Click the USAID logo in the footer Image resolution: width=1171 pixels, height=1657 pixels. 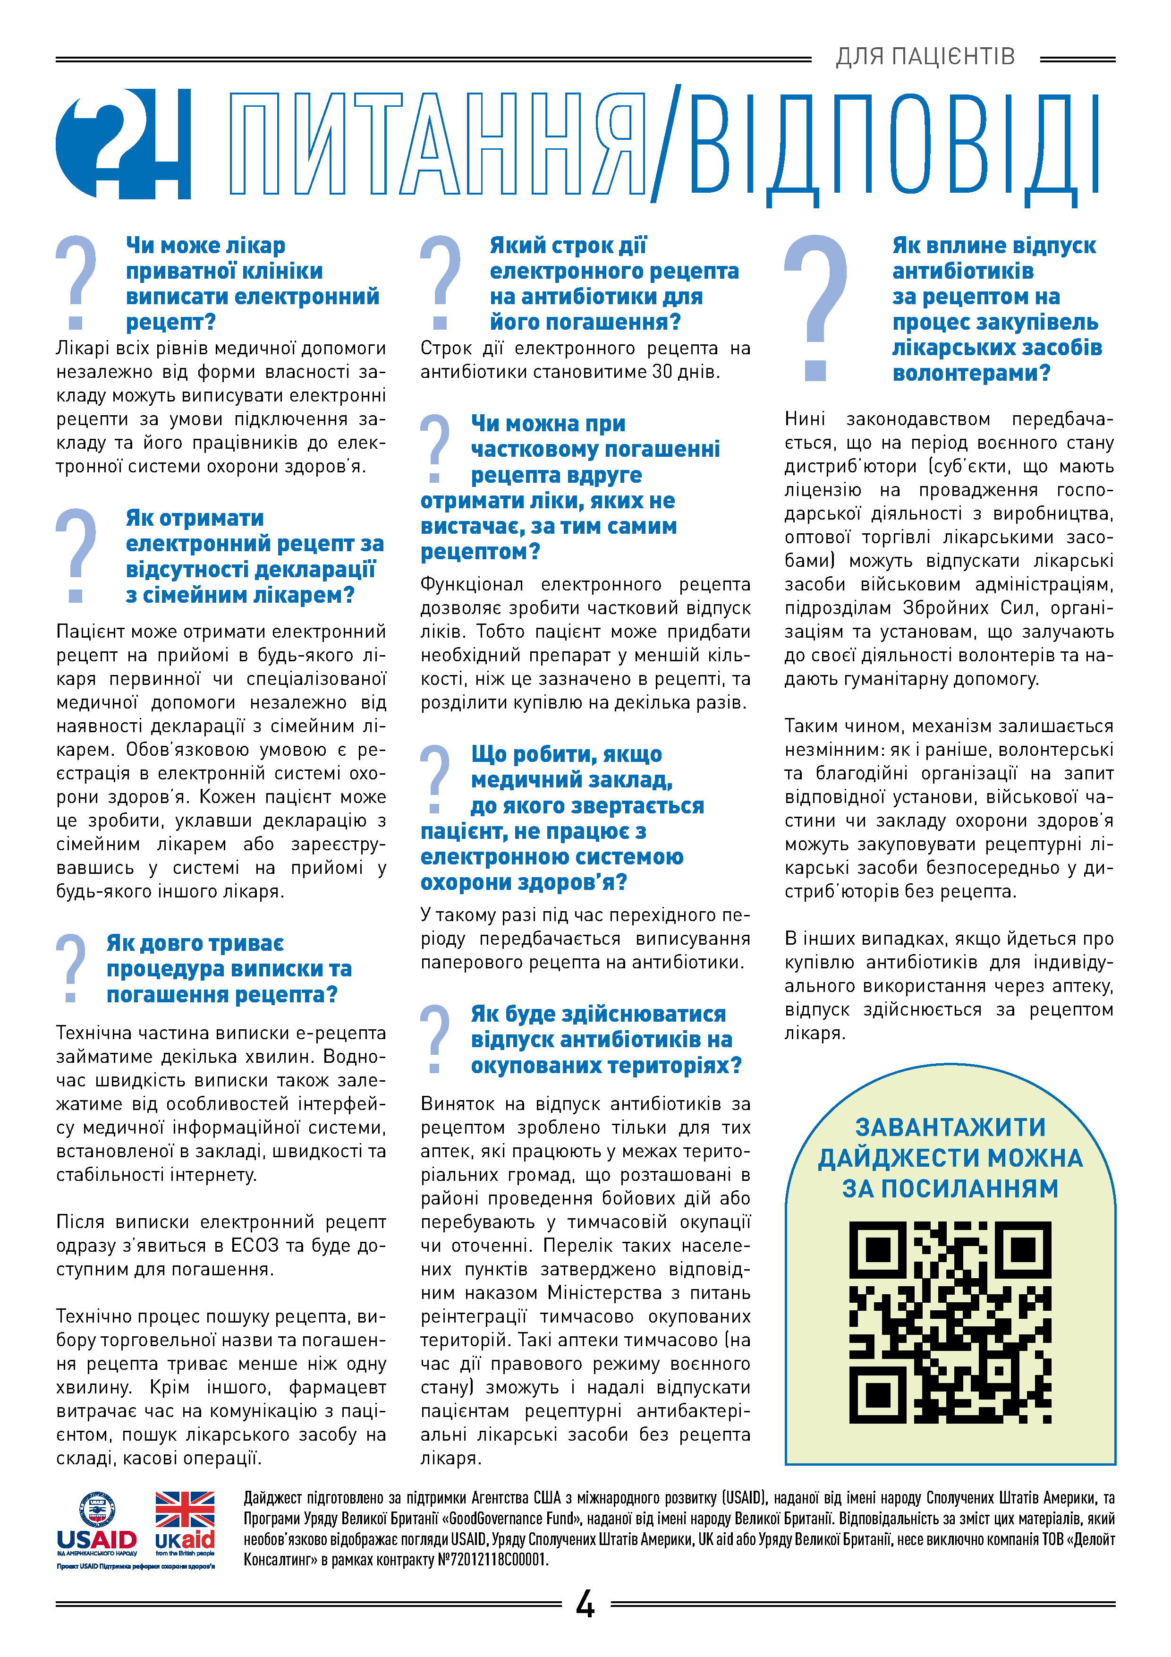(97, 1526)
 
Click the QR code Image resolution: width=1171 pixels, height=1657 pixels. (950, 1322)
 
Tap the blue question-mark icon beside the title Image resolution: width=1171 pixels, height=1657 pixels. (123, 144)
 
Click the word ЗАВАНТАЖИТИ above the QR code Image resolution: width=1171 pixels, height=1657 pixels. (950, 1127)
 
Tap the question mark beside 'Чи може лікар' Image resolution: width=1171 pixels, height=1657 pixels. (76, 282)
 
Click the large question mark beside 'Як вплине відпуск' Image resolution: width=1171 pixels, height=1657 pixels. (816, 307)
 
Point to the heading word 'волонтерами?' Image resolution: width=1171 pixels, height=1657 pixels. (971, 373)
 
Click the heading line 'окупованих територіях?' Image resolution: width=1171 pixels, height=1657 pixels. (606, 1066)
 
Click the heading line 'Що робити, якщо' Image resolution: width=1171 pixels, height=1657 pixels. (567, 754)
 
